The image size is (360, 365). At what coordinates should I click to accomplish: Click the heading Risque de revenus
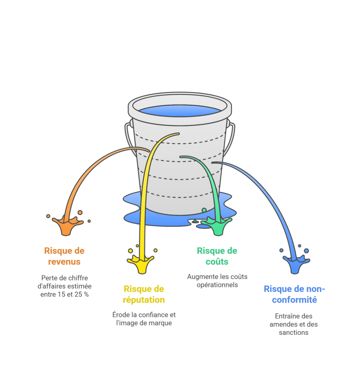64,256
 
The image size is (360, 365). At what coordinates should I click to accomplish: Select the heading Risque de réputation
144,294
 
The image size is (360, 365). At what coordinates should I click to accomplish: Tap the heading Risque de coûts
217,256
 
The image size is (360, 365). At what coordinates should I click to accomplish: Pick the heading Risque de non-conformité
294,294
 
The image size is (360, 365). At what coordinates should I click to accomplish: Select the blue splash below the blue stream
296,264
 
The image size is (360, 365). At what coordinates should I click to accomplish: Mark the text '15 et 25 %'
73,295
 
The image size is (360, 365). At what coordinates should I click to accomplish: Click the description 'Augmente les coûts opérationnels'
217,281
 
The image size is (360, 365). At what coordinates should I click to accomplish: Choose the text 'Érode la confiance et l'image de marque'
144,319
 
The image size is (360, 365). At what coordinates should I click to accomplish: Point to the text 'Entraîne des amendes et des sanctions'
294,324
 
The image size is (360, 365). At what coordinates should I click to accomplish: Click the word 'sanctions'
294,333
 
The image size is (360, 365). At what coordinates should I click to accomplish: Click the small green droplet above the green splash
204,210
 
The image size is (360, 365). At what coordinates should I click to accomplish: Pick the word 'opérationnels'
217,285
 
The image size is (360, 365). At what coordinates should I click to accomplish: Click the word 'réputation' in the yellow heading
144,300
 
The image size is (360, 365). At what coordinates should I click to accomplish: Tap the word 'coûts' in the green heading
217,262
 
